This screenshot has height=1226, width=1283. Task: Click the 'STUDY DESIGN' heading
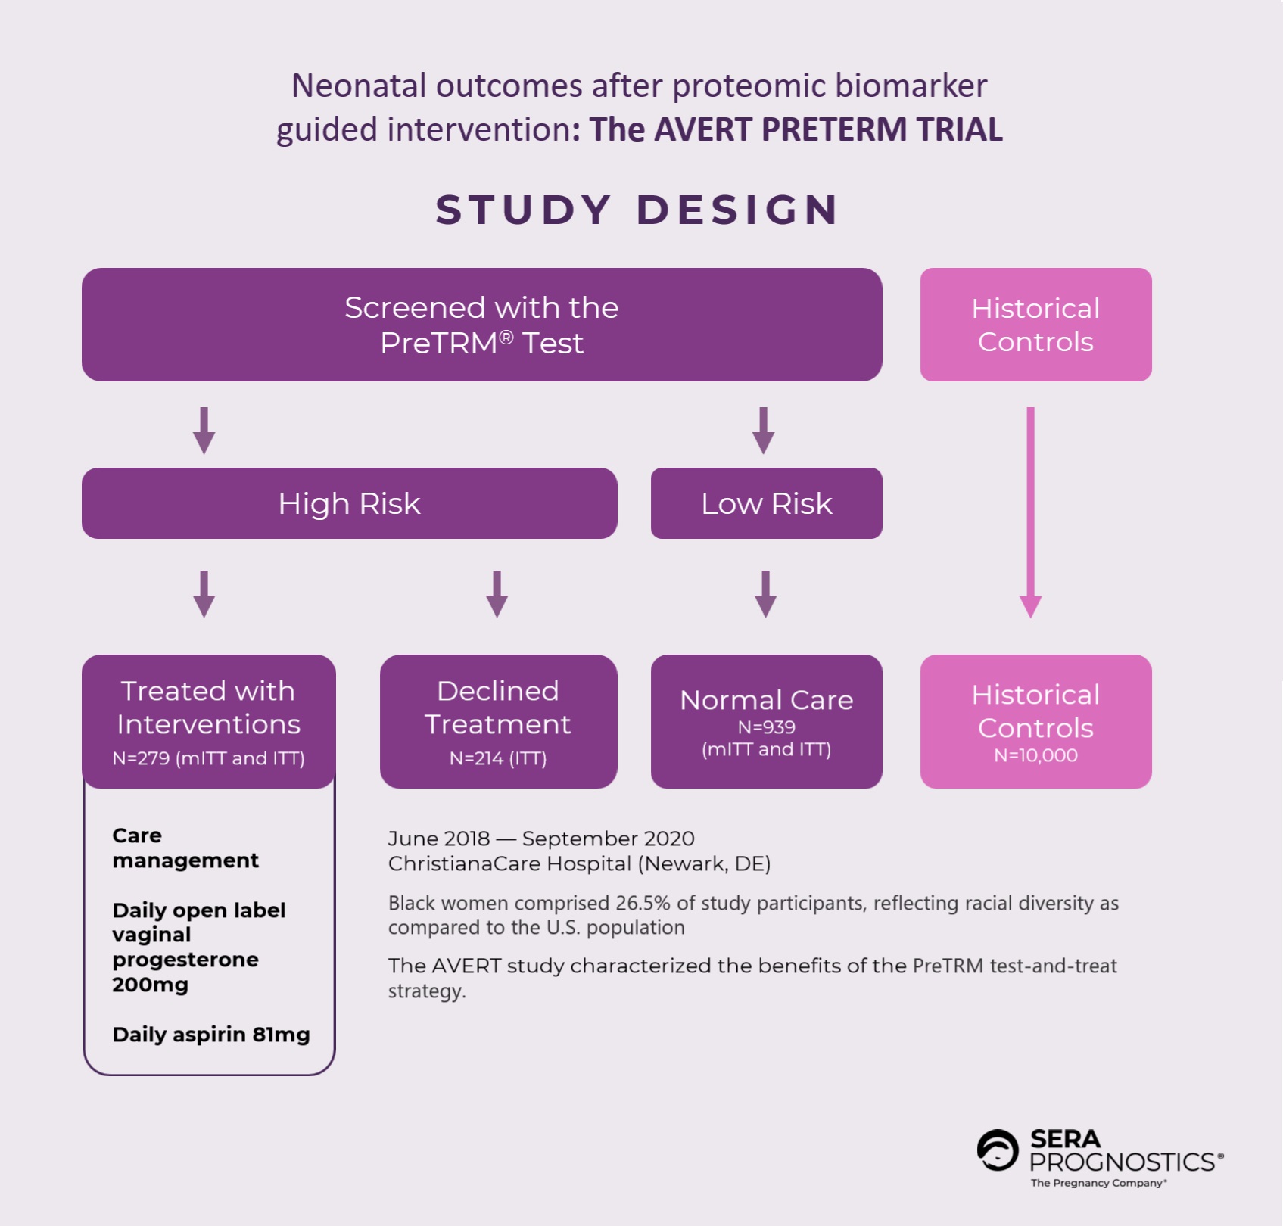[x=637, y=210]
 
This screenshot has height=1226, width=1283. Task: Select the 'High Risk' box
[x=349, y=503]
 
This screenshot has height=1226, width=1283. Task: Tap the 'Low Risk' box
[x=766, y=503]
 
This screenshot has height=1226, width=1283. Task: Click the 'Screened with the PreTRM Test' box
[x=481, y=325]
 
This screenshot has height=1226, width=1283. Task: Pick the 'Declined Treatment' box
[x=498, y=720]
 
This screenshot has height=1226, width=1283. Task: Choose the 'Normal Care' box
[x=766, y=720]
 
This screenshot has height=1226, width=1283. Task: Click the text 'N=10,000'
[x=1035, y=755]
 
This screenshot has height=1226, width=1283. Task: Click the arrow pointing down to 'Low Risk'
[x=763, y=431]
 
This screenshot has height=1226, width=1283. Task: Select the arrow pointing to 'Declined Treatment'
[x=497, y=594]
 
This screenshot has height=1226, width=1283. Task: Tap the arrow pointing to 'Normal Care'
[x=766, y=594]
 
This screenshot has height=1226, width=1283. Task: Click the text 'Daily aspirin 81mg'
[x=211, y=1035]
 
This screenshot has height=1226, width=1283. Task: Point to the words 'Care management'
[x=185, y=848]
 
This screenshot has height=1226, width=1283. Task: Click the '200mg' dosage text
[x=150, y=985]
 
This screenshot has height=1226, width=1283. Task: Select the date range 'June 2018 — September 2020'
[x=540, y=839]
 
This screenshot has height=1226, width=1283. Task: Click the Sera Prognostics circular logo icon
[x=998, y=1150]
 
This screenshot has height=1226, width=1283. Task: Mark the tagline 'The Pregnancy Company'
[x=1098, y=1183]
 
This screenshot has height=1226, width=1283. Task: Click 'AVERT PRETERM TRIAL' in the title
[x=828, y=129]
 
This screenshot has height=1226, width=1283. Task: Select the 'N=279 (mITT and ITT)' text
[x=208, y=758]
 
